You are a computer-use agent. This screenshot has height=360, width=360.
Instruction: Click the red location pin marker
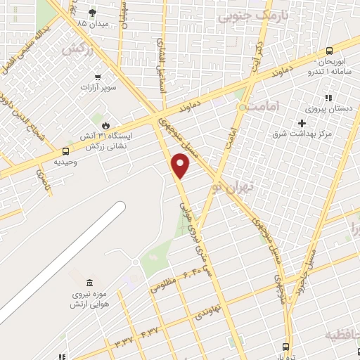[x=181, y=165]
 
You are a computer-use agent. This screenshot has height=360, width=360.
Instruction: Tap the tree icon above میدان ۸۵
[x=92, y=12]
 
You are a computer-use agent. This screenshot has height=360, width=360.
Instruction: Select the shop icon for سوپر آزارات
[x=97, y=77]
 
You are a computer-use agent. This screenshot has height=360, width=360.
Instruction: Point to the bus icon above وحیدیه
[x=65, y=150]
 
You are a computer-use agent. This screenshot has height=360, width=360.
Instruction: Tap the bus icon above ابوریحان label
[x=329, y=50]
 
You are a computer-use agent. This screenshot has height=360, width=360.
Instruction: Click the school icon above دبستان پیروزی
[x=326, y=98]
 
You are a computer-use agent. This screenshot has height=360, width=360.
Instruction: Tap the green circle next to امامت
[x=243, y=108]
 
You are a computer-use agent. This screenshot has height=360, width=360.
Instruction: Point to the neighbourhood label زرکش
[x=77, y=50]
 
